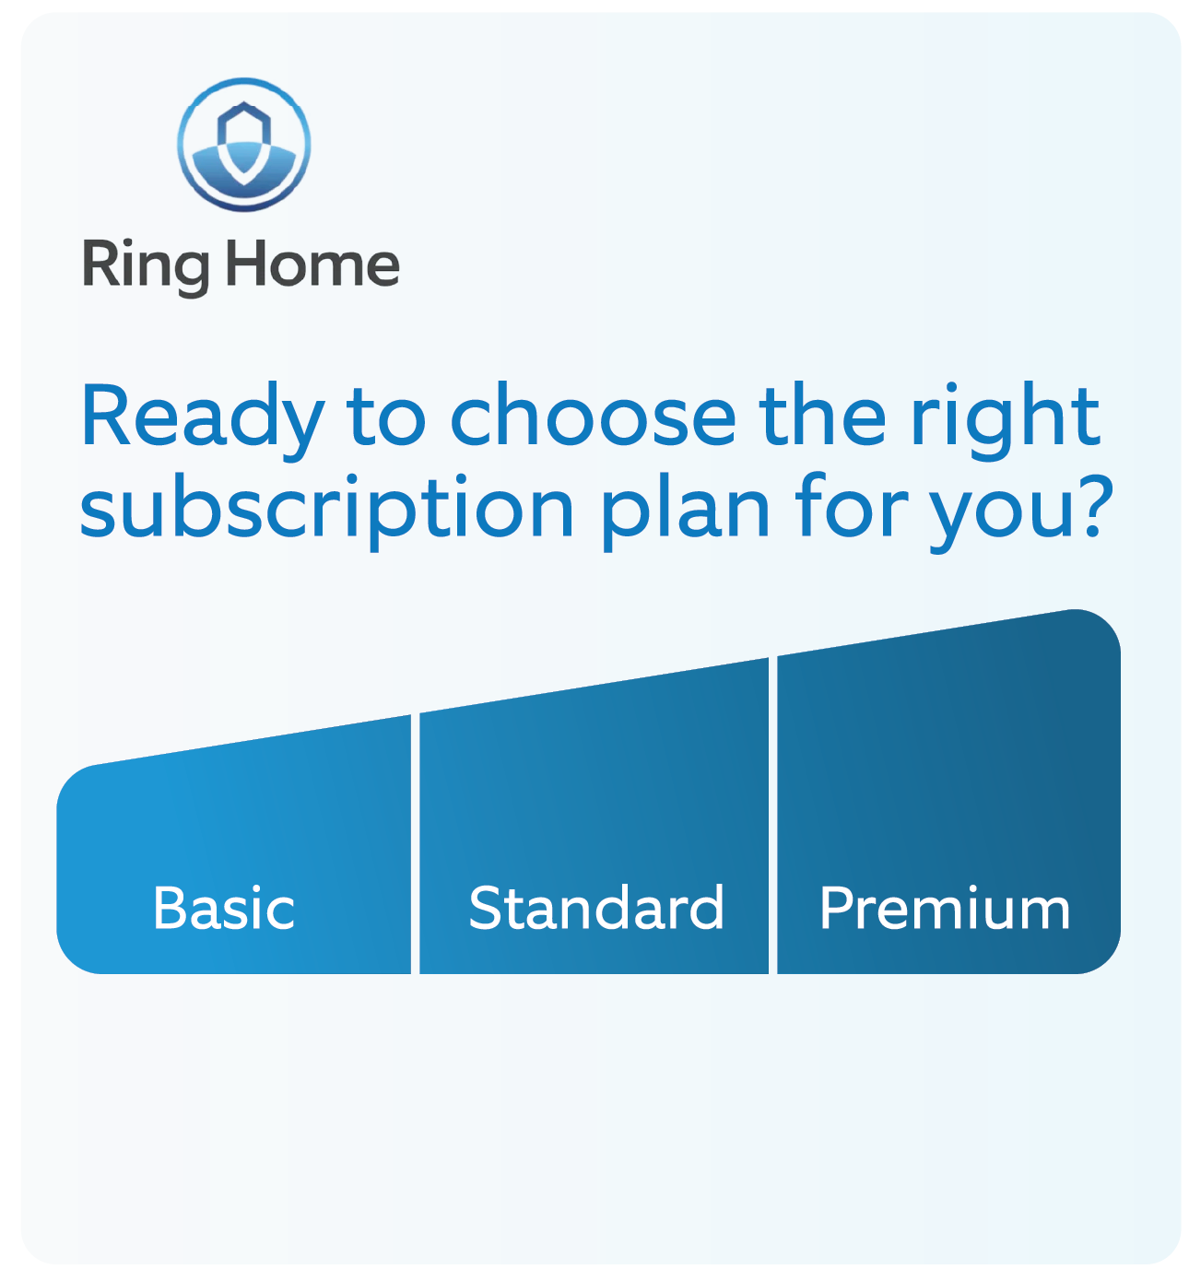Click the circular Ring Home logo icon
[x=244, y=145]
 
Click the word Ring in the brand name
[x=146, y=265]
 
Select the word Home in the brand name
[x=312, y=264]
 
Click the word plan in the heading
[x=686, y=510]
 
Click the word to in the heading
[x=385, y=417]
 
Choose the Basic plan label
[x=224, y=909]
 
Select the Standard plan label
[x=595, y=909]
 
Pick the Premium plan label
[x=945, y=909]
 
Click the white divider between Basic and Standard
[x=415, y=843]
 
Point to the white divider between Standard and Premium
[x=772, y=816]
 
